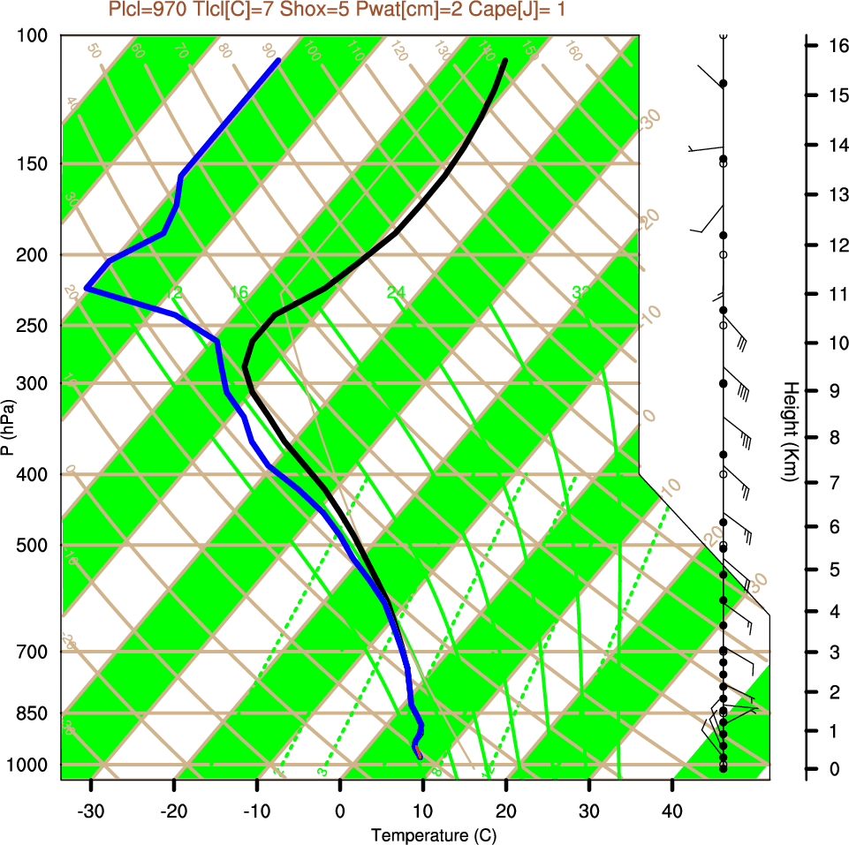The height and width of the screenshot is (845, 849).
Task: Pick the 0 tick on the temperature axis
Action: (x=340, y=811)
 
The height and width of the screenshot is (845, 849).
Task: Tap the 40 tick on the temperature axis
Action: (x=672, y=811)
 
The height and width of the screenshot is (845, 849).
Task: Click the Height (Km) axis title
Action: (x=790, y=431)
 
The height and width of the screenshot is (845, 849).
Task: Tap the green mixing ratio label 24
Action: (x=396, y=292)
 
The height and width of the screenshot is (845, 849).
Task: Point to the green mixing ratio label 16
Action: (x=239, y=292)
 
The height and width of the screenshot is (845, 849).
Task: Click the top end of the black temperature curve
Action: (x=505, y=60)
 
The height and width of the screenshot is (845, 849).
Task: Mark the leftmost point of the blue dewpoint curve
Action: (x=87, y=288)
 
